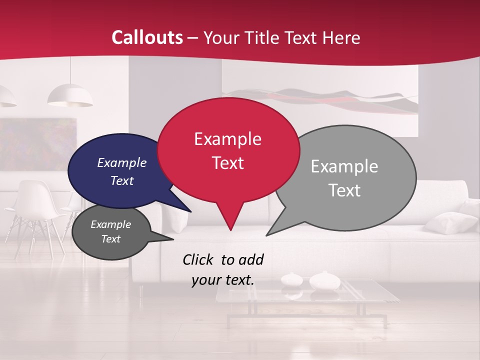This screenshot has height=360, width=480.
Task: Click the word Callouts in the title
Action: click(147, 37)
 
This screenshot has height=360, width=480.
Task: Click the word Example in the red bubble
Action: click(227, 139)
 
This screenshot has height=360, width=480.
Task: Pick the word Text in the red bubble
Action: click(227, 163)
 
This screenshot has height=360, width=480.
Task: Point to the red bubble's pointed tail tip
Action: click(230, 229)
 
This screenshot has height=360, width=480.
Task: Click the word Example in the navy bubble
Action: click(121, 163)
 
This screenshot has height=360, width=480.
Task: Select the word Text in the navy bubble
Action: click(121, 181)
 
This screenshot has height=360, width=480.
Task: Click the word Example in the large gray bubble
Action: click(344, 166)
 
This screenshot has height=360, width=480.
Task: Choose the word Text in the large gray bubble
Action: click(344, 190)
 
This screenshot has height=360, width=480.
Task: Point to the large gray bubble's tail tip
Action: click(267, 234)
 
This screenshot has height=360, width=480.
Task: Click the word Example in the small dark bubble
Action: click(110, 224)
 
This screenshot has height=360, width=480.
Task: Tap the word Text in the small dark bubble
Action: click(110, 239)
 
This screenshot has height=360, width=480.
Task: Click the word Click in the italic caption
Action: click(198, 259)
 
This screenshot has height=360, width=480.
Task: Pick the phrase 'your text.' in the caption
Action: click(223, 280)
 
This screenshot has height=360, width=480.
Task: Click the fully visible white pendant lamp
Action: click(70, 96)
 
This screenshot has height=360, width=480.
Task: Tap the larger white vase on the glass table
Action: click(324, 281)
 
